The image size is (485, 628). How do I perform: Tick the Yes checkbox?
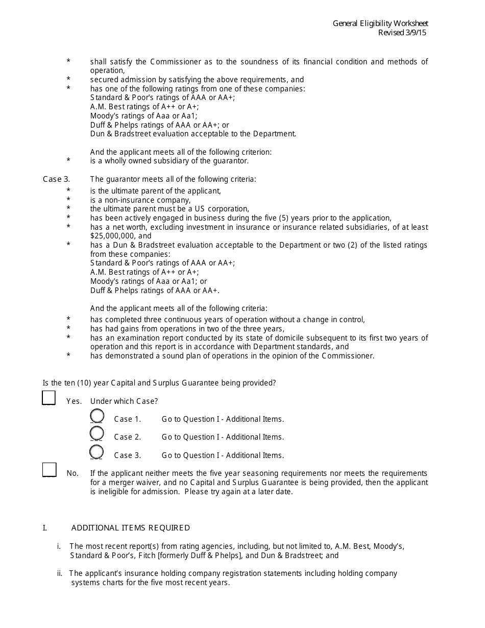coord(48,398)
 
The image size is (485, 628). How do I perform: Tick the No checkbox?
coord(49,470)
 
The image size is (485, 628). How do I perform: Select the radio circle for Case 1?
coord(96,416)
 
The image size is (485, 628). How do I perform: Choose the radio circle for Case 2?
coord(96,434)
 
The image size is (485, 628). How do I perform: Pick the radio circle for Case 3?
coord(96,452)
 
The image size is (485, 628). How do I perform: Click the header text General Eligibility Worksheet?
coord(380,23)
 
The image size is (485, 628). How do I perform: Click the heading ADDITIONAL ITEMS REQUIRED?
coord(130,528)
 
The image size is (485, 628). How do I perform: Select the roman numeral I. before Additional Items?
coord(44,528)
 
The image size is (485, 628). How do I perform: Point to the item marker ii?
coord(60,573)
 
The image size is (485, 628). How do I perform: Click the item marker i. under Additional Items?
coord(59,546)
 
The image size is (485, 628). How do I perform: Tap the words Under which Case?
coord(124,401)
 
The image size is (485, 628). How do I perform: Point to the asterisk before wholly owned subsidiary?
coord(68,161)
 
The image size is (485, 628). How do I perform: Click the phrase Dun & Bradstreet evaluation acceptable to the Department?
coord(193,134)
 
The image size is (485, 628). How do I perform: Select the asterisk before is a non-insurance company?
coord(68,200)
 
